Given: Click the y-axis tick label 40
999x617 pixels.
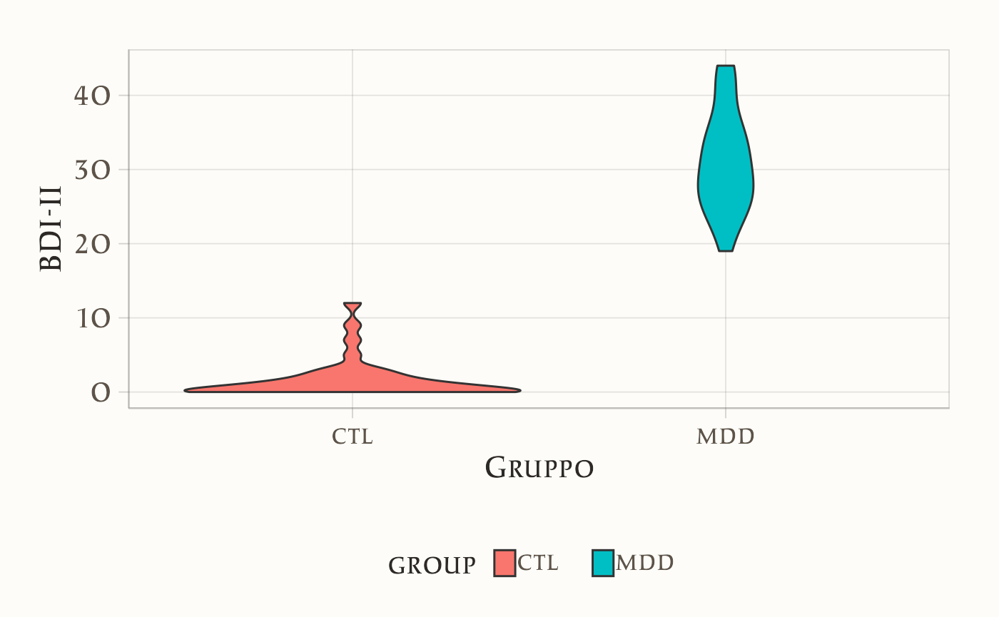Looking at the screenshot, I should [92, 96].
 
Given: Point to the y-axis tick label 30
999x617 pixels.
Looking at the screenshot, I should [92, 170].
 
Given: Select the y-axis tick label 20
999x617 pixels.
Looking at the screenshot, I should [92, 244].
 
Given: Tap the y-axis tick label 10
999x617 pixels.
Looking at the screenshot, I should [92, 318].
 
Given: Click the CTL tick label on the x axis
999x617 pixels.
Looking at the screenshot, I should [353, 437].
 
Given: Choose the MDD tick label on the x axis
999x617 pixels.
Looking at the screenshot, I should [725, 437].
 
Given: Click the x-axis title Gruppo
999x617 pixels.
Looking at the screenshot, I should [539, 469].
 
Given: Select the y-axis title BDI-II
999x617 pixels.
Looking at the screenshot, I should [51, 228].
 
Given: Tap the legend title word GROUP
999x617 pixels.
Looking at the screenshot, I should [432, 565].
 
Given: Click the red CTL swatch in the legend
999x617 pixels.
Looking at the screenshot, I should [504, 564].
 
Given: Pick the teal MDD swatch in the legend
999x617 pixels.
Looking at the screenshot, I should [603, 564].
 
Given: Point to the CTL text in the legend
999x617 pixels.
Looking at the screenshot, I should [538, 564].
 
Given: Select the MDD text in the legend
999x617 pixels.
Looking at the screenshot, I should [644, 564].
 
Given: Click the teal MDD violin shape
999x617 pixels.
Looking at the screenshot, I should [725, 178].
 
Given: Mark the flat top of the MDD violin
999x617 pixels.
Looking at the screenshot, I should [726, 66].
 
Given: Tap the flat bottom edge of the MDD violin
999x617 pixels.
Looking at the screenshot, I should [726, 251].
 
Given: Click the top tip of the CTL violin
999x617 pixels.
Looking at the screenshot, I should [353, 303].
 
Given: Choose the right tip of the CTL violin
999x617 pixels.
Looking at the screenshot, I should [519, 390].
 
